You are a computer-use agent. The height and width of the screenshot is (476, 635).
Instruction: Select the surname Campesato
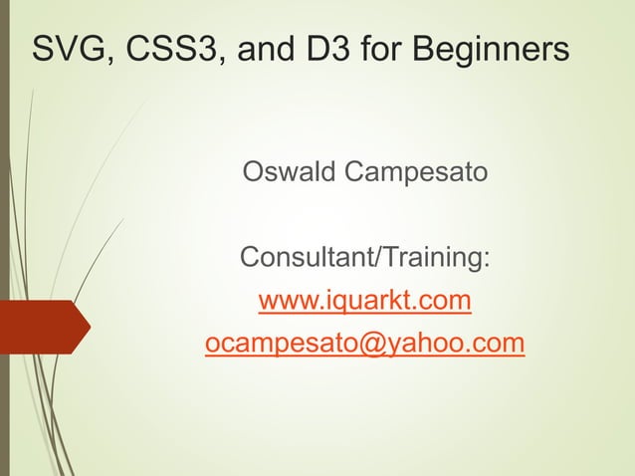[416, 173]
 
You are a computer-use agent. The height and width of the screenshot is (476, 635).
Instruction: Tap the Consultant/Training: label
[365, 259]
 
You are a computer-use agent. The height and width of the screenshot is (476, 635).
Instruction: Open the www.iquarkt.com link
[364, 300]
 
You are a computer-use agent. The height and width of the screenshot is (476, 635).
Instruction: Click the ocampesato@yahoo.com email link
[364, 344]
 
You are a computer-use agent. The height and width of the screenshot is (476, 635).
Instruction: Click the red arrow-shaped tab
[44, 327]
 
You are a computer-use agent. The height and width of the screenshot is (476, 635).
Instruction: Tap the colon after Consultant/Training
[486, 261]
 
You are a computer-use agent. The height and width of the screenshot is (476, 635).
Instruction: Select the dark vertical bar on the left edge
[4, 238]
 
